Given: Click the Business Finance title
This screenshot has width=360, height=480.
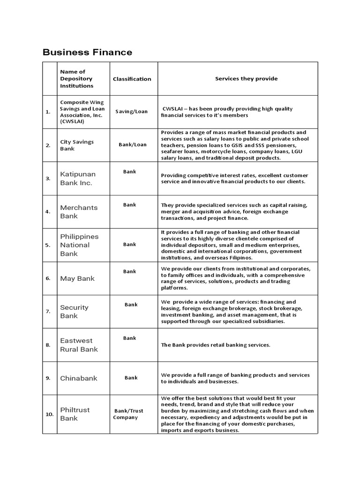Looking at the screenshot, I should click(x=87, y=52).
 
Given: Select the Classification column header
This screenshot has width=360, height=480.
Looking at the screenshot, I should click(x=132, y=79).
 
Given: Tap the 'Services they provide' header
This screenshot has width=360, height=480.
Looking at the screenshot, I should click(x=246, y=78).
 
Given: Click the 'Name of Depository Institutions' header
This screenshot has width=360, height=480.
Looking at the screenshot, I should click(x=76, y=79).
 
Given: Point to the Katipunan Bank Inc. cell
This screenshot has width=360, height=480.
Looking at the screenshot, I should click(x=76, y=179).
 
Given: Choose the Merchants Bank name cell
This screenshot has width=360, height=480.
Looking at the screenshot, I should click(x=79, y=212).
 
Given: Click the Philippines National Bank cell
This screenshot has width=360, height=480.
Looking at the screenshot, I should click(x=79, y=245).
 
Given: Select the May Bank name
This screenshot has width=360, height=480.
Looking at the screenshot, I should click(x=77, y=278).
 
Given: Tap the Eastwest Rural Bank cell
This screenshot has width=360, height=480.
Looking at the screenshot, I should click(x=79, y=345).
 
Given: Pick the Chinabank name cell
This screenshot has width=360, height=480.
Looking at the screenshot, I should click(x=79, y=378).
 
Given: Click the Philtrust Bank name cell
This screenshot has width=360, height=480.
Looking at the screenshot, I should click(x=75, y=414).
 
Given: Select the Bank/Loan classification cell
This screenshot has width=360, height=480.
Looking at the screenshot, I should click(x=133, y=145).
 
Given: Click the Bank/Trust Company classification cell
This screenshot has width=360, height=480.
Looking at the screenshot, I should click(x=128, y=414).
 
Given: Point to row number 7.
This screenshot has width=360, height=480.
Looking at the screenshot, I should click(x=48, y=312).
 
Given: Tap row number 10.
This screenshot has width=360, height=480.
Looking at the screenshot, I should click(x=49, y=414).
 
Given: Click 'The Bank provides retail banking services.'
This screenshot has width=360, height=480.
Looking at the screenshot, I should click(x=216, y=345).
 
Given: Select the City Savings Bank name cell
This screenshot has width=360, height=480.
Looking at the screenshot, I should click(x=77, y=145).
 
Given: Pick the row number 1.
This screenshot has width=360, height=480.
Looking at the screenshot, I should click(x=48, y=112).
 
